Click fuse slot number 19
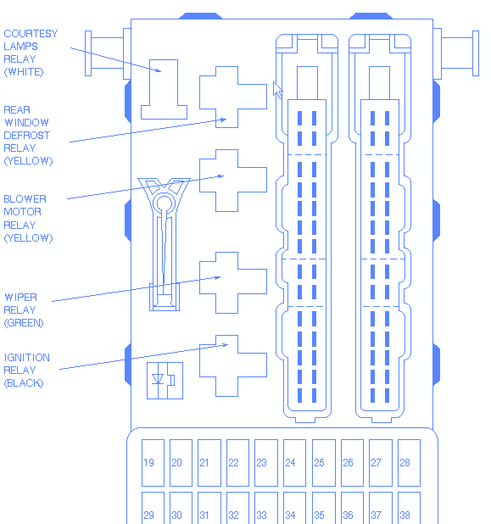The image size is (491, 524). coord(153,463)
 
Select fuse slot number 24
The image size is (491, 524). coord(294,463)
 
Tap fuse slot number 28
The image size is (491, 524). coord(409,463)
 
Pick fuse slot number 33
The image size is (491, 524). coord(266,508)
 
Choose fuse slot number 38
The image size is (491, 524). coord(409,508)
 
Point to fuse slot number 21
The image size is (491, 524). coord(209,463)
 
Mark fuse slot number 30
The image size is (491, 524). coord(181,508)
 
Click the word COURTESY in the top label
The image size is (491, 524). coord(31,34)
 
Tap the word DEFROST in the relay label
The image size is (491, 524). coord(27,136)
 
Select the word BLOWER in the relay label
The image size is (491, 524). coord(25,199)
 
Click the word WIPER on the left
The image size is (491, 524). coord(20,297)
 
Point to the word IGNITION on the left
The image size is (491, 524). coord(27,358)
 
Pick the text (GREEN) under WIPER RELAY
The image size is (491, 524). coord(24,323)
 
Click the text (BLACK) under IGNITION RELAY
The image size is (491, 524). coord(24,383)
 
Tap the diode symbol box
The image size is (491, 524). coord(165,381)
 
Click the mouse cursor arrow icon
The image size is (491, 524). coord(277,90)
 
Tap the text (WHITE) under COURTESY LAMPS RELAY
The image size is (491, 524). coord(24,72)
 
